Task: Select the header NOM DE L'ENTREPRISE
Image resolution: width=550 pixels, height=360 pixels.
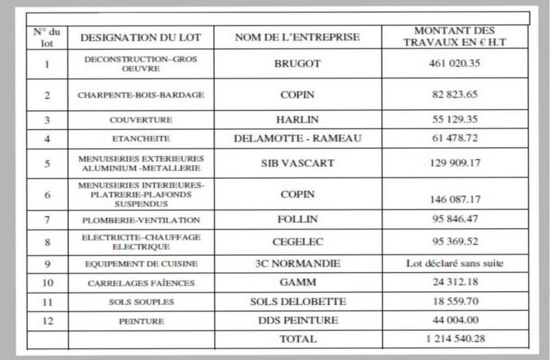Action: [297, 37]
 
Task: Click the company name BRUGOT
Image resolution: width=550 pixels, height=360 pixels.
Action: [297, 65]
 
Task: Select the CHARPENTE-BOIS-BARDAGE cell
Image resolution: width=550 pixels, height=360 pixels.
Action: [141, 95]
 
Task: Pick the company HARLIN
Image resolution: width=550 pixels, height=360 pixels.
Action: [297, 120]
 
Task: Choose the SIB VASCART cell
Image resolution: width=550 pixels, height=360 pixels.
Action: [297, 164]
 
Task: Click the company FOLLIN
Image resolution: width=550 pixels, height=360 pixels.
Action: [297, 221]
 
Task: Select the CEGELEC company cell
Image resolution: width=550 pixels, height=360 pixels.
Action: [297, 242]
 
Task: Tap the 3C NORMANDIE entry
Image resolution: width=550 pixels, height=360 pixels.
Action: [297, 263]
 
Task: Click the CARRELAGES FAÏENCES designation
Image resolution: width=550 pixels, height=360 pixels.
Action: [142, 283]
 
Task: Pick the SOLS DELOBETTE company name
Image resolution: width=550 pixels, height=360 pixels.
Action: [297, 302]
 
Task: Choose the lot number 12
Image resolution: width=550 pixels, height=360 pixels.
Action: [47, 321]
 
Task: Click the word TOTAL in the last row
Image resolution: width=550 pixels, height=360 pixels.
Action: [298, 339]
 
